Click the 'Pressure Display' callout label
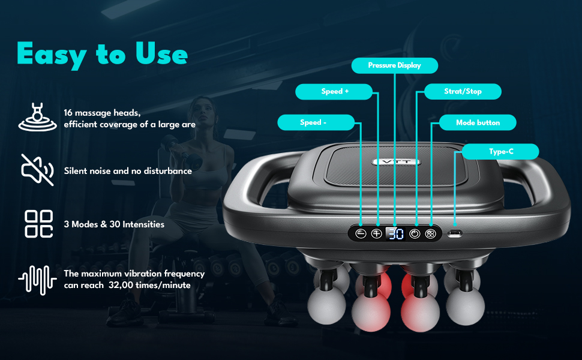point(395,65)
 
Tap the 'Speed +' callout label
point(334,92)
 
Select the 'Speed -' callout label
point(316,122)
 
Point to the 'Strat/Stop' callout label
point(463,91)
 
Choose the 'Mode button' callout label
point(478,122)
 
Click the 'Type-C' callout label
point(500,151)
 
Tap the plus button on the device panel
point(377,234)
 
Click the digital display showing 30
point(395,234)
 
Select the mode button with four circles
point(431,234)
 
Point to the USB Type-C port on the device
point(455,234)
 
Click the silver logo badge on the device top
point(396,162)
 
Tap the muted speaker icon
point(37,170)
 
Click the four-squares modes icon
point(38,224)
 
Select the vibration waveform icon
point(37,280)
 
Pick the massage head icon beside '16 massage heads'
point(37,117)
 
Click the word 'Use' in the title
point(161,53)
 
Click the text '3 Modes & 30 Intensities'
point(114,224)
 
